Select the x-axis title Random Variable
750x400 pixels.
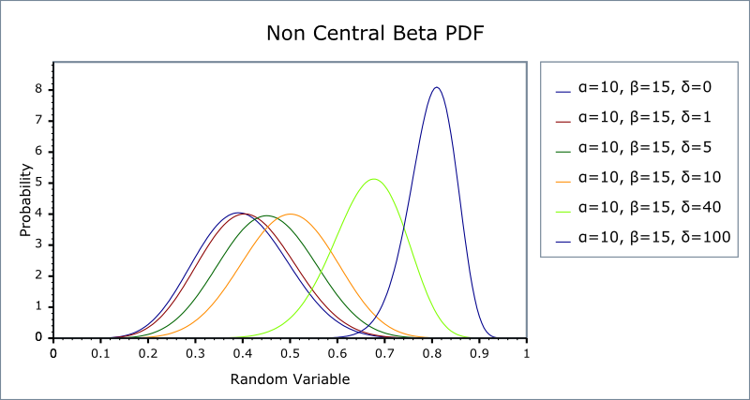pos(290,379)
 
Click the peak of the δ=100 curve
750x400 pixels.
pos(436,87)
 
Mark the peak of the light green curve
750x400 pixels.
pos(374,179)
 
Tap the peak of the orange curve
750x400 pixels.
pos(290,214)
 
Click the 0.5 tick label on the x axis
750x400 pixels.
pos(290,354)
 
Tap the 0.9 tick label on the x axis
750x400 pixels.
pos(479,354)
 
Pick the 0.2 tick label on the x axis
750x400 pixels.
pos(148,354)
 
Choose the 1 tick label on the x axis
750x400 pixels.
pos(526,354)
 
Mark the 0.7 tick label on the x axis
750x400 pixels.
pos(384,354)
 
